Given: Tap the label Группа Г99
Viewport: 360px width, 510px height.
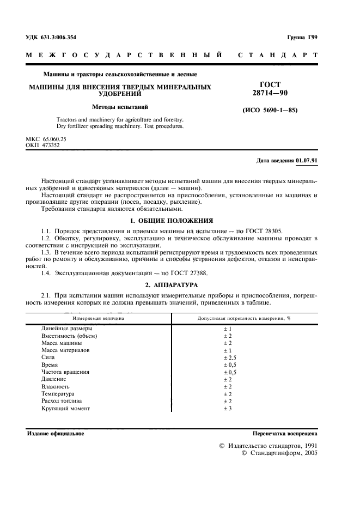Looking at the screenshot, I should pyautogui.click(x=302, y=37).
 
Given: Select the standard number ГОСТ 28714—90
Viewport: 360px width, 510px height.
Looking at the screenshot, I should pyautogui.click(x=270, y=89).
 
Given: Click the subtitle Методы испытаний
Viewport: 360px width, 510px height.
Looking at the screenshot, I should pyautogui.click(x=120, y=107).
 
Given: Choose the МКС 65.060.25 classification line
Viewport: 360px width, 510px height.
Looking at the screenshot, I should pyautogui.click(x=46, y=139).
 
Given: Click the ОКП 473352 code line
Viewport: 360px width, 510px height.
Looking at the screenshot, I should pyautogui.click(x=44, y=145).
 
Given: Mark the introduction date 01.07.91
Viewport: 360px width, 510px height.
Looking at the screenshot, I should pyautogui.click(x=307, y=161).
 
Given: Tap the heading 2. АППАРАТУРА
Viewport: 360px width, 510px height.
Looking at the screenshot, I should pyautogui.click(x=172, y=284).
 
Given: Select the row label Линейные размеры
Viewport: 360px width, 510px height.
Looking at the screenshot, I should pyautogui.click(x=66, y=329).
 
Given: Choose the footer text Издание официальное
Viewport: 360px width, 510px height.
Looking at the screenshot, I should pyautogui.click(x=56, y=434).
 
